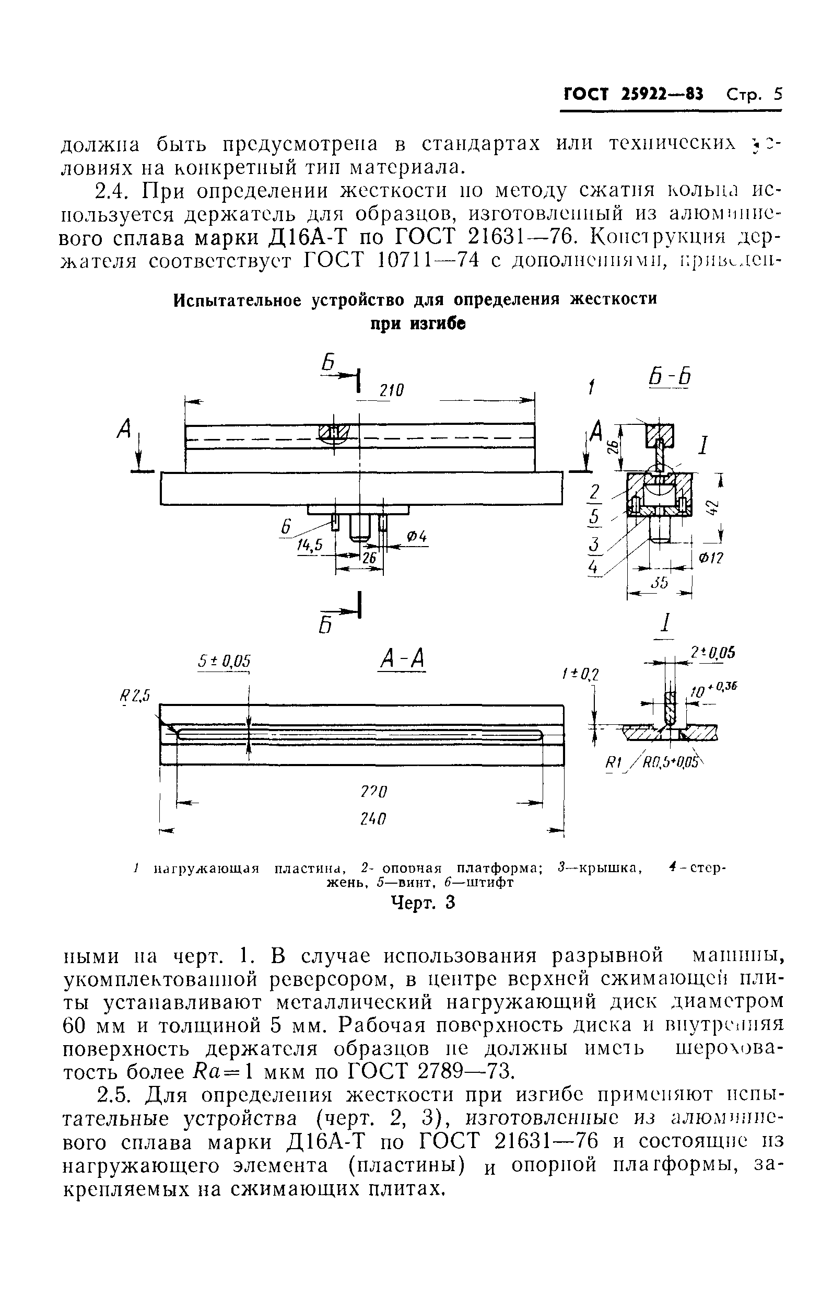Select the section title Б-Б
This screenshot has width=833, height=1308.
tap(670, 377)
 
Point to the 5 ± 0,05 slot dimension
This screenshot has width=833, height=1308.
tap(223, 661)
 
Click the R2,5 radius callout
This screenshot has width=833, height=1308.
tap(134, 695)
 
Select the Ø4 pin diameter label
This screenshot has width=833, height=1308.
tap(418, 537)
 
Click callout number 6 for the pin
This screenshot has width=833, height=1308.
tap(286, 526)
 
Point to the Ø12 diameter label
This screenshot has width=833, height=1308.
tap(711, 559)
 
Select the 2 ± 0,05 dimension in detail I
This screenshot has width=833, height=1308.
tap(712, 653)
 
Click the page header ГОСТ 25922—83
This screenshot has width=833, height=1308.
tap(633, 95)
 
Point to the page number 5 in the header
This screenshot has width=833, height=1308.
tap(778, 95)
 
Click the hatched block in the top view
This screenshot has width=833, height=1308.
tap(332, 432)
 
